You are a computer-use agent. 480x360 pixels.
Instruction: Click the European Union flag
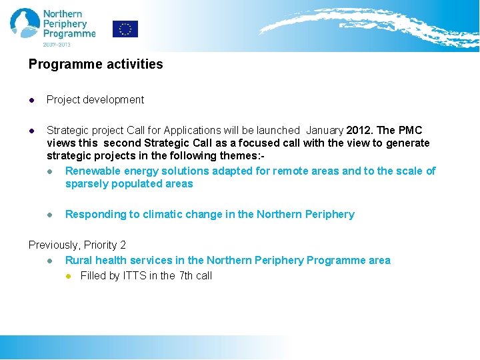(x=125, y=29)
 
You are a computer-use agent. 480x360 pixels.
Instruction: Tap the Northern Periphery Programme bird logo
(x=25, y=23)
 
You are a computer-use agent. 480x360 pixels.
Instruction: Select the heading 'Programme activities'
(x=95, y=65)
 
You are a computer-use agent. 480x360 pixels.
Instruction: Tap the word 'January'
(x=325, y=130)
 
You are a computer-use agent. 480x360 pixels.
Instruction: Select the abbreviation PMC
(x=410, y=130)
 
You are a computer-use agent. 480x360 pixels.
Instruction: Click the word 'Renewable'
(x=91, y=171)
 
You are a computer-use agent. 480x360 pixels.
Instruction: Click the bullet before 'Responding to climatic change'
(x=50, y=215)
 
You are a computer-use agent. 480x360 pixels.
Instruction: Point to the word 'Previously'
(x=53, y=245)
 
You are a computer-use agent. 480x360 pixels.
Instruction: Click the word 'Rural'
(x=79, y=261)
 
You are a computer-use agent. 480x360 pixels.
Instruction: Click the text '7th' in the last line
(x=186, y=276)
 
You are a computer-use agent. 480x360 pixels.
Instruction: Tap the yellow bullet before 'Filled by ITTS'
(x=68, y=276)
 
